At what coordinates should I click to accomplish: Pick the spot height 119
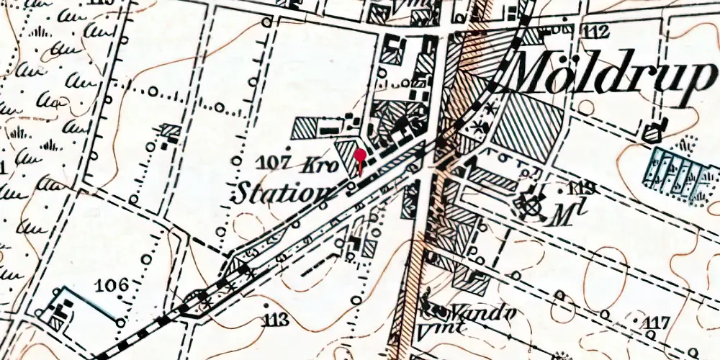[x=581, y=189]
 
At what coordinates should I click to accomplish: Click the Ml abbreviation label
[x=564, y=212]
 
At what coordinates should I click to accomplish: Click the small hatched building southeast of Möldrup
[x=653, y=132]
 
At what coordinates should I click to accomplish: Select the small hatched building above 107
[x=171, y=131]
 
